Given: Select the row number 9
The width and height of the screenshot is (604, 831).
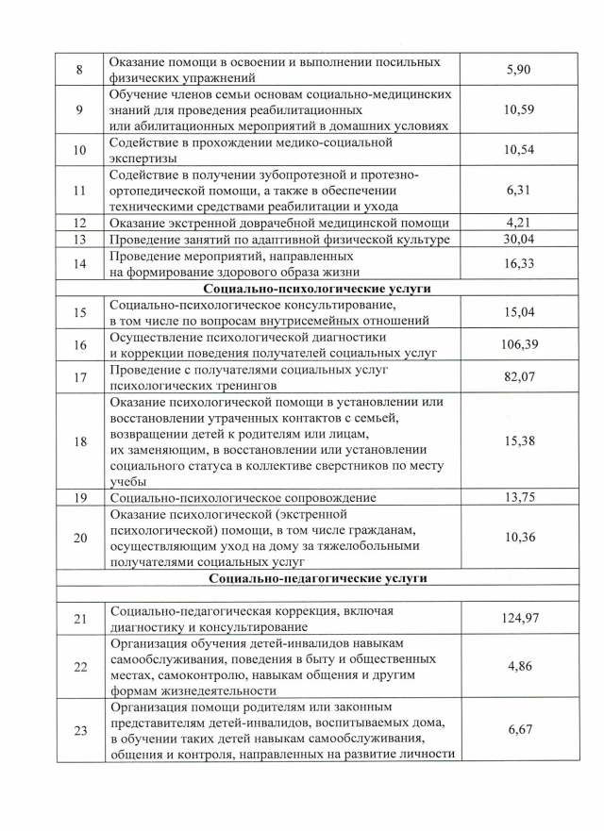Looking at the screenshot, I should [x=79, y=110].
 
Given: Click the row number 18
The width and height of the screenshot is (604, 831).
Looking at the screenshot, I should [x=79, y=441].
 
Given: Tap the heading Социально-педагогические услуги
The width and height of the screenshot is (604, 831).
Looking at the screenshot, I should [x=317, y=576].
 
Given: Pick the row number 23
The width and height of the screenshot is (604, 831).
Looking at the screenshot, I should [x=79, y=731].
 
